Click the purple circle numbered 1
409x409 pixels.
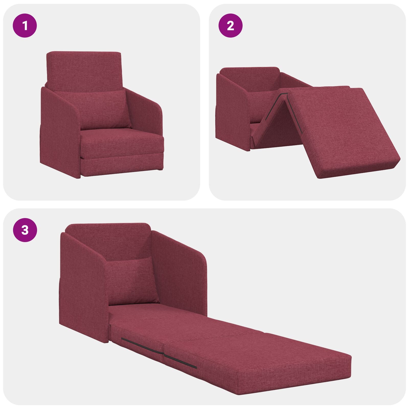25,26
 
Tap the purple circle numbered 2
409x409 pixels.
230,26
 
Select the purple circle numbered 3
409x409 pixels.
25,230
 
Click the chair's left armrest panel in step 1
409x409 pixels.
60,133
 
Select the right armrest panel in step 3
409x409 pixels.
181,271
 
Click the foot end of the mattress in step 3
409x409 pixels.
294,378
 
